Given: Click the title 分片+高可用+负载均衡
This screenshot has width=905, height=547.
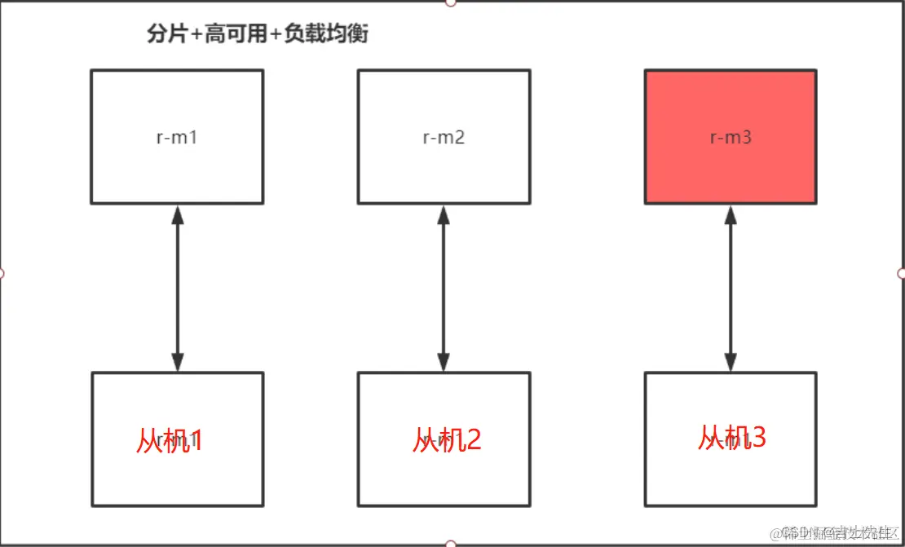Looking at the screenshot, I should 257,35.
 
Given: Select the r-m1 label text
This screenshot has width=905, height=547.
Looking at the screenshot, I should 177,137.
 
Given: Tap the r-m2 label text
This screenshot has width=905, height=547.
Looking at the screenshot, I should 444,137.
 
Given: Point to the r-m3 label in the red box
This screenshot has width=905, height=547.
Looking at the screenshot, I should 730,137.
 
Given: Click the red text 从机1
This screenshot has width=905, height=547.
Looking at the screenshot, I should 169,441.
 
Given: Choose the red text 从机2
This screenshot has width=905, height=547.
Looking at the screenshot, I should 447,439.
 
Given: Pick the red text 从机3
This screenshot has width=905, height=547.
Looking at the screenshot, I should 731,438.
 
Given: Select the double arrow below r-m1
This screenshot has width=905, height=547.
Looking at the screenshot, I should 178,288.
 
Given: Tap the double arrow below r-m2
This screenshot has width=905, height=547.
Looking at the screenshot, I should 444,288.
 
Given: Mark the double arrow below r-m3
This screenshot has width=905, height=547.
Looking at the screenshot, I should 731,288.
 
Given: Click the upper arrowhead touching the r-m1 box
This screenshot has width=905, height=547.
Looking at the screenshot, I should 178,214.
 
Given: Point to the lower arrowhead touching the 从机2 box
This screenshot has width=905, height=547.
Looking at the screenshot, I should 444,362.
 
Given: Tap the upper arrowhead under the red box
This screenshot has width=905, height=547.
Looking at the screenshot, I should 731,214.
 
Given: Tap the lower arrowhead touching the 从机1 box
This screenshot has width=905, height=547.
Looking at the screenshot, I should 178,362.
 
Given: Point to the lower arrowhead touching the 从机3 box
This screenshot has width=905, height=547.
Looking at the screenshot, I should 731,362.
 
